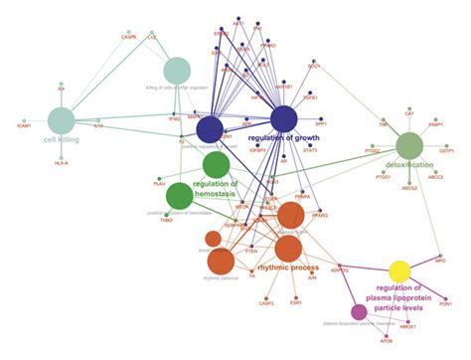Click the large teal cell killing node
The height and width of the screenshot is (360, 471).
(62, 120)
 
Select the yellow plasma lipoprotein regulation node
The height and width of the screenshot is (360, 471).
(399, 271)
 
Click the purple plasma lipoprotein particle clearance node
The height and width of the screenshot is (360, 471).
(359, 312)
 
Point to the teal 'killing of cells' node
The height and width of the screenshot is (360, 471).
(176, 71)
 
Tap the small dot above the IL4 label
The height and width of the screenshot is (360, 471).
(61, 83)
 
